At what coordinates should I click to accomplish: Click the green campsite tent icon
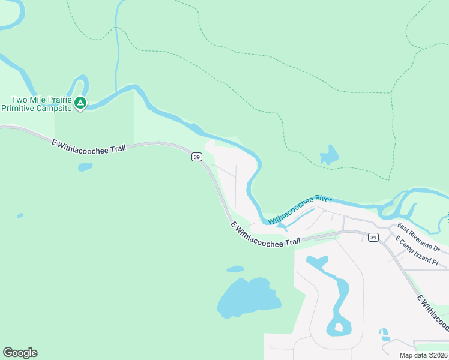point(80,104)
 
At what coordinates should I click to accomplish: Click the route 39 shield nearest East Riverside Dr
point(373,238)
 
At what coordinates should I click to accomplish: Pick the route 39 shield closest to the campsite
point(196,157)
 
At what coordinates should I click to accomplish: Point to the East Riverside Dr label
point(418,238)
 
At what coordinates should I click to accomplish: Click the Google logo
point(20,353)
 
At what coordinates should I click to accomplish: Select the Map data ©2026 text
point(424,355)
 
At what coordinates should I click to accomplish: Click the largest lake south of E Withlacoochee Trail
point(246,297)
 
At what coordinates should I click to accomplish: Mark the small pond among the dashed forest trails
point(329,155)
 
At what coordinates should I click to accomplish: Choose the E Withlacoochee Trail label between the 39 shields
point(265,233)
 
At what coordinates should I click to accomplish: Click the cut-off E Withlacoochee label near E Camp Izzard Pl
point(432,313)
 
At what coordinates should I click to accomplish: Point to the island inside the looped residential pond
point(339,328)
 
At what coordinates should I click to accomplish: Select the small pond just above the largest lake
point(235,269)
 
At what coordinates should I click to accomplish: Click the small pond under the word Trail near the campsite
point(85,167)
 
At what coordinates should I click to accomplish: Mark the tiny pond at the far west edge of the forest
point(20,215)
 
